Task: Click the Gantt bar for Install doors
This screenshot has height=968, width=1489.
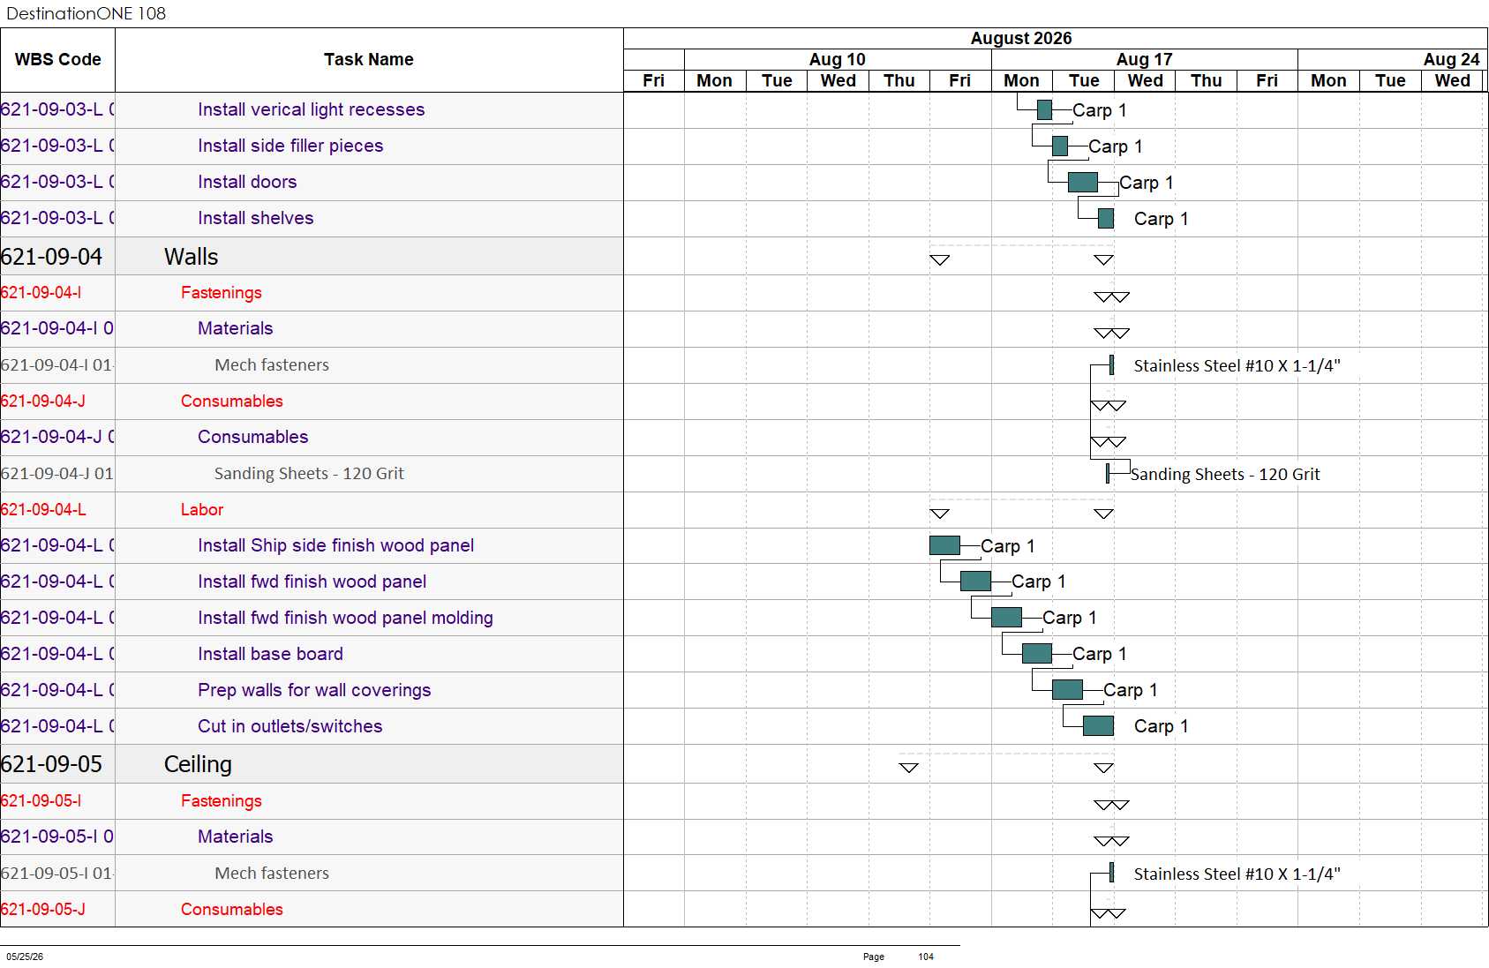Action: tap(1082, 182)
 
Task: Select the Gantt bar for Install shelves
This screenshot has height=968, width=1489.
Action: tap(1105, 219)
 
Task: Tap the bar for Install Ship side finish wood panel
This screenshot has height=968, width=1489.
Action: tap(944, 545)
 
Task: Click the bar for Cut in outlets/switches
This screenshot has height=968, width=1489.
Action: tap(1098, 726)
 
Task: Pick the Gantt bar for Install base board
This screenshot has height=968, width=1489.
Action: tap(1036, 654)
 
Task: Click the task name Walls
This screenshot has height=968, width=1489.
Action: tap(191, 257)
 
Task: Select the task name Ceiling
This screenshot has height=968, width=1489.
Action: tap(198, 764)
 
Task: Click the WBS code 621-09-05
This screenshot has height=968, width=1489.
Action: tap(51, 764)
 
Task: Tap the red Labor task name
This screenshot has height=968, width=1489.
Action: tap(201, 509)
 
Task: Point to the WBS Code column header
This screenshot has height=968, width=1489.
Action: tap(58, 59)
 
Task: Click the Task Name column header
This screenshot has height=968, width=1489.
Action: tap(368, 59)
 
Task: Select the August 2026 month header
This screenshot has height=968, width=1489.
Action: tap(1020, 38)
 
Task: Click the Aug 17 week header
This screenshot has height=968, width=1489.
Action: tap(1143, 59)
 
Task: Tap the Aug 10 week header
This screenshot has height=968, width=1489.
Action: tap(837, 59)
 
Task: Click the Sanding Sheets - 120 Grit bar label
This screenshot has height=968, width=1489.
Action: tap(1224, 474)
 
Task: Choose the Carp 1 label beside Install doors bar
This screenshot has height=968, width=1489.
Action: tap(1146, 183)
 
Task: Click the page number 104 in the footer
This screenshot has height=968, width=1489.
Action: tap(925, 957)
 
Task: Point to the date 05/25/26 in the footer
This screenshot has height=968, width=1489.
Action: tap(25, 957)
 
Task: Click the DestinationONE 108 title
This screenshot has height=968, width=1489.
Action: tap(86, 13)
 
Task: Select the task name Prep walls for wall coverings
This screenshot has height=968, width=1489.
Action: tap(313, 690)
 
